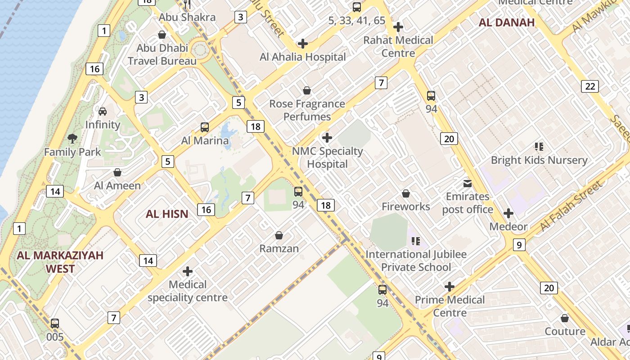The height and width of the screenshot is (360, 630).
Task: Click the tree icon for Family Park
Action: click(72, 138)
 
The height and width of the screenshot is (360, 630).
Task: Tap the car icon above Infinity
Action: click(103, 111)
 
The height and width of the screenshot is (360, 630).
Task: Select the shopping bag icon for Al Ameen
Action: click(117, 172)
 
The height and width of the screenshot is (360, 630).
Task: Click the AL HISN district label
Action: click(167, 214)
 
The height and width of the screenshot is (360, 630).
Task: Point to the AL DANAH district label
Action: click(506, 22)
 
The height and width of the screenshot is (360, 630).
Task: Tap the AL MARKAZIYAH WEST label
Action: click(60, 262)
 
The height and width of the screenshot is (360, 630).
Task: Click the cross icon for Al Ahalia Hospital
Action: click(303, 44)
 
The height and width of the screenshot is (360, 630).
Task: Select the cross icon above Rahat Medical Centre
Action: click(398, 27)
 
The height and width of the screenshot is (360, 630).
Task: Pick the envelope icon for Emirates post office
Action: click(468, 184)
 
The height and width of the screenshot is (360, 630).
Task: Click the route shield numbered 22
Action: click(589, 86)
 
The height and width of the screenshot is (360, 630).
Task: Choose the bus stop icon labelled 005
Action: click(54, 324)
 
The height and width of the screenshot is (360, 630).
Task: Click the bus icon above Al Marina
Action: click(205, 127)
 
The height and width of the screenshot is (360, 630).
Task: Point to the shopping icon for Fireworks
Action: click(406, 193)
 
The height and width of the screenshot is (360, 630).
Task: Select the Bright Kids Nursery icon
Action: click(539, 147)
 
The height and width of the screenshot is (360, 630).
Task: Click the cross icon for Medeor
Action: click(508, 213)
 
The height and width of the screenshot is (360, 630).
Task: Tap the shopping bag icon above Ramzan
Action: click(279, 235)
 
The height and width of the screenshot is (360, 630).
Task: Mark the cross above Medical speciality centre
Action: click(188, 271)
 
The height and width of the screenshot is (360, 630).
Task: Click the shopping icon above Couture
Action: click(565, 319)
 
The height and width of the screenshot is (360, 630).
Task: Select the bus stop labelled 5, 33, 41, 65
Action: click(357, 7)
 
